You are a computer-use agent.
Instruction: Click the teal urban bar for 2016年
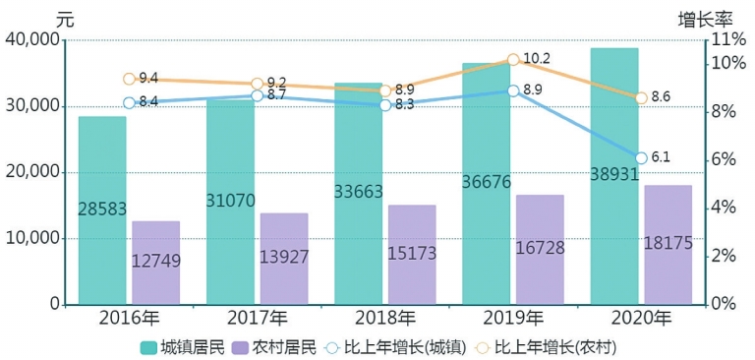pos(102,210)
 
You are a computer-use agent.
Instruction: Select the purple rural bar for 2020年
pos(668,245)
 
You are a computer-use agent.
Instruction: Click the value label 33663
pos(359,193)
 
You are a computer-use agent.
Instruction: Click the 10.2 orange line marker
pos(513,60)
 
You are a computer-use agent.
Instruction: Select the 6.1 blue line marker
pos(641,157)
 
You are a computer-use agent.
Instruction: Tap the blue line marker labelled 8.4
pos(129,102)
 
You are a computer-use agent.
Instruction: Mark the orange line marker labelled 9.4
pos(129,79)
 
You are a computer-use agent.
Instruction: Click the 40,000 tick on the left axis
pos(32,40)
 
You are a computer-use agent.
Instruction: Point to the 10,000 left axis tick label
pos(32,239)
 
